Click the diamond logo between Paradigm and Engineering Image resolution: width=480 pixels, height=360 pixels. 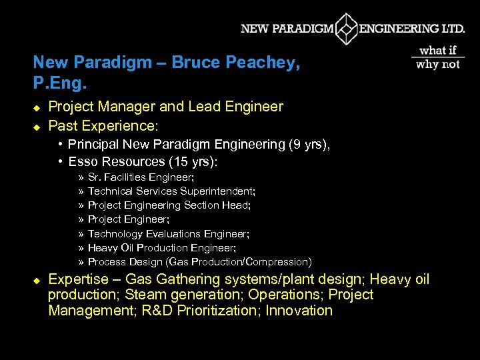coord(346,29)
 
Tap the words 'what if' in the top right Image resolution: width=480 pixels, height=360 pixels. coord(437,51)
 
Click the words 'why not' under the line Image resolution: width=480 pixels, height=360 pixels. coord(437,65)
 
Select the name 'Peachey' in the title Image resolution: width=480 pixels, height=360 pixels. coord(264,63)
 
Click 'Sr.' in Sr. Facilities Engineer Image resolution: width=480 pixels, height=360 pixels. coord(95,177)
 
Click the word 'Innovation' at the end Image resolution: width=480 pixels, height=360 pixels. coord(299,311)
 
